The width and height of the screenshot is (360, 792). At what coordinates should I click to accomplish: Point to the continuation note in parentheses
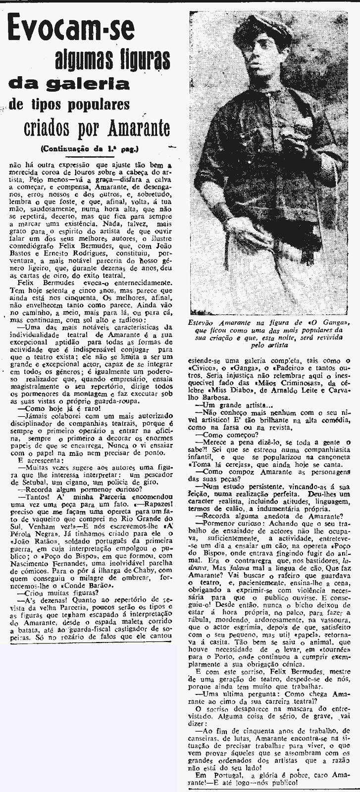[x=90, y=148]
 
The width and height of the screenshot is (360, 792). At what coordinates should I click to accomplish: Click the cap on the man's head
[x=263, y=29]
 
